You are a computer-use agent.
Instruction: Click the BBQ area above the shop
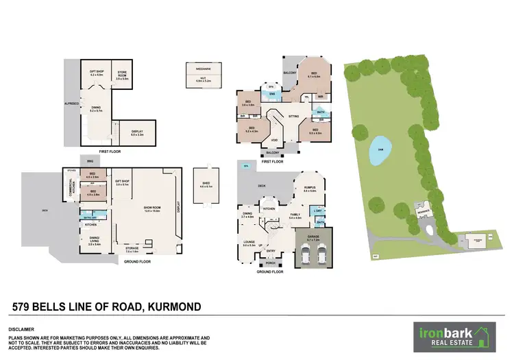click(89, 162)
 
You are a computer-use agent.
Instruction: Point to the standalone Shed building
click(205, 184)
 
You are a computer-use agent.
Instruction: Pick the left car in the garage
click(305, 256)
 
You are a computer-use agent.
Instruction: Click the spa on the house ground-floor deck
click(245, 166)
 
